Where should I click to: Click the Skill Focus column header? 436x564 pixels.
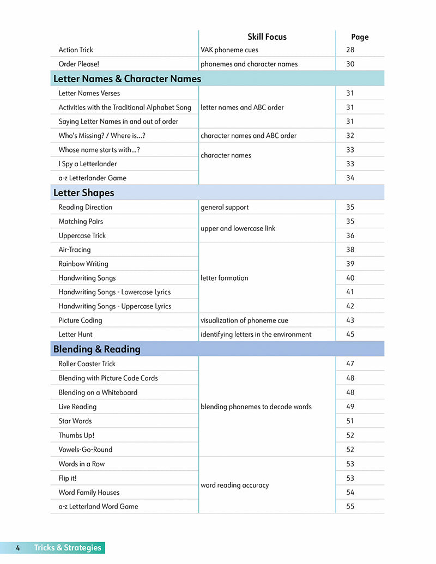(x=267, y=37)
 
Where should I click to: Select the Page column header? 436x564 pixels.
(x=360, y=37)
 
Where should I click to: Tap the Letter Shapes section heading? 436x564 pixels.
(x=84, y=193)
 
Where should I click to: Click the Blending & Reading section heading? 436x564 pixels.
(x=96, y=349)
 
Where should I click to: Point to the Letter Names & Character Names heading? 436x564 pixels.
(x=127, y=79)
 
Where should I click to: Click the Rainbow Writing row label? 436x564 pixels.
(x=83, y=264)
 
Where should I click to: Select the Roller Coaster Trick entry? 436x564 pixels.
(x=87, y=364)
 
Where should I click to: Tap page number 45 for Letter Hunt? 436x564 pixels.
(x=350, y=335)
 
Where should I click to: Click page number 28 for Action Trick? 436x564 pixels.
(x=350, y=50)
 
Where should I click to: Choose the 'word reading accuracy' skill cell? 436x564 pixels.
(x=235, y=485)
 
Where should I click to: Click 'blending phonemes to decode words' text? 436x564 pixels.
(x=256, y=407)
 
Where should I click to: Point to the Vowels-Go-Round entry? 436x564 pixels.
(x=86, y=450)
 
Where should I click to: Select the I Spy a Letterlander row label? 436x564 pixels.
(x=88, y=164)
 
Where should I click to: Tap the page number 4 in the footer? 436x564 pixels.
(x=18, y=548)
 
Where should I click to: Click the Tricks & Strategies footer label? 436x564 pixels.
(x=68, y=548)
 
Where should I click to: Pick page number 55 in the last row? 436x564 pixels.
(x=350, y=506)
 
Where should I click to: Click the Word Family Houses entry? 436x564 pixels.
(x=89, y=492)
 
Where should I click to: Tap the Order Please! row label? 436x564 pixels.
(x=79, y=64)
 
